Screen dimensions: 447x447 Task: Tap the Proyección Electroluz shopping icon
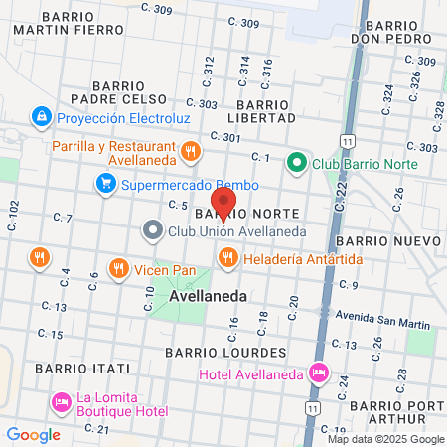(41, 117)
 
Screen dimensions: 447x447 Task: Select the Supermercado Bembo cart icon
(105, 184)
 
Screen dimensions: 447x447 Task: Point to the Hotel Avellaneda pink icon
(318, 373)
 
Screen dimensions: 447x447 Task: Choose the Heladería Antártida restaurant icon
(227, 258)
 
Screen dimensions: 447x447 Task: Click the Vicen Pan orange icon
(117, 268)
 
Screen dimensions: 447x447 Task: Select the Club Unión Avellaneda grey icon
(152, 231)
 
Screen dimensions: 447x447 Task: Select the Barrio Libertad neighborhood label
(266, 111)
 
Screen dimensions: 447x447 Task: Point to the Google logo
(33, 434)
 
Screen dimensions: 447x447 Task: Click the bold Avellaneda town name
(208, 296)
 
